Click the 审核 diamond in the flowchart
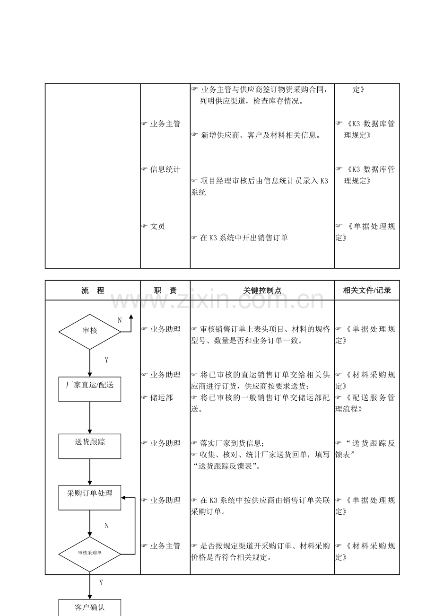[90, 331]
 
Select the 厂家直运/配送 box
[90, 389]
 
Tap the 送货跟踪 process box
[90, 446]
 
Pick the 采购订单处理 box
[90, 497]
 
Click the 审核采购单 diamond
[90, 554]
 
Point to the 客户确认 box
[90, 607]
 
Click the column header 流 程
[93, 290]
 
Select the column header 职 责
[165, 290]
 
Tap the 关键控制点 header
[262, 290]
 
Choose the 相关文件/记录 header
[367, 290]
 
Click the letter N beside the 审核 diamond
[120, 320]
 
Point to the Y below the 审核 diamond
[106, 360]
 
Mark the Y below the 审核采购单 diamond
[101, 583]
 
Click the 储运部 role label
[161, 398]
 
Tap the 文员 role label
[157, 227]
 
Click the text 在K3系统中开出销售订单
[244, 238]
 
